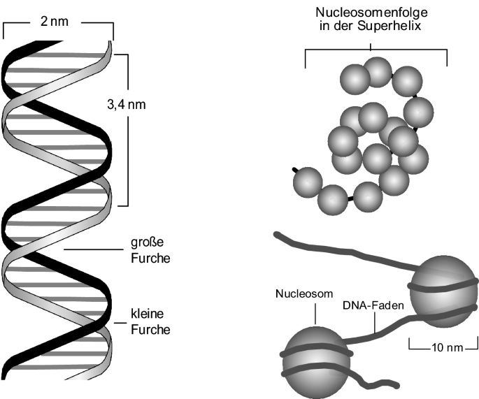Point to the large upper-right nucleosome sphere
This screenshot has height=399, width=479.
[x=442, y=287]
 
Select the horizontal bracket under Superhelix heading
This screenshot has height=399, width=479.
[x=376, y=51]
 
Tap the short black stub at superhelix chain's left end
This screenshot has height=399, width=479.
[x=296, y=170]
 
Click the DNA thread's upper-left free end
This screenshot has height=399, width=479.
[x=280, y=236]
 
